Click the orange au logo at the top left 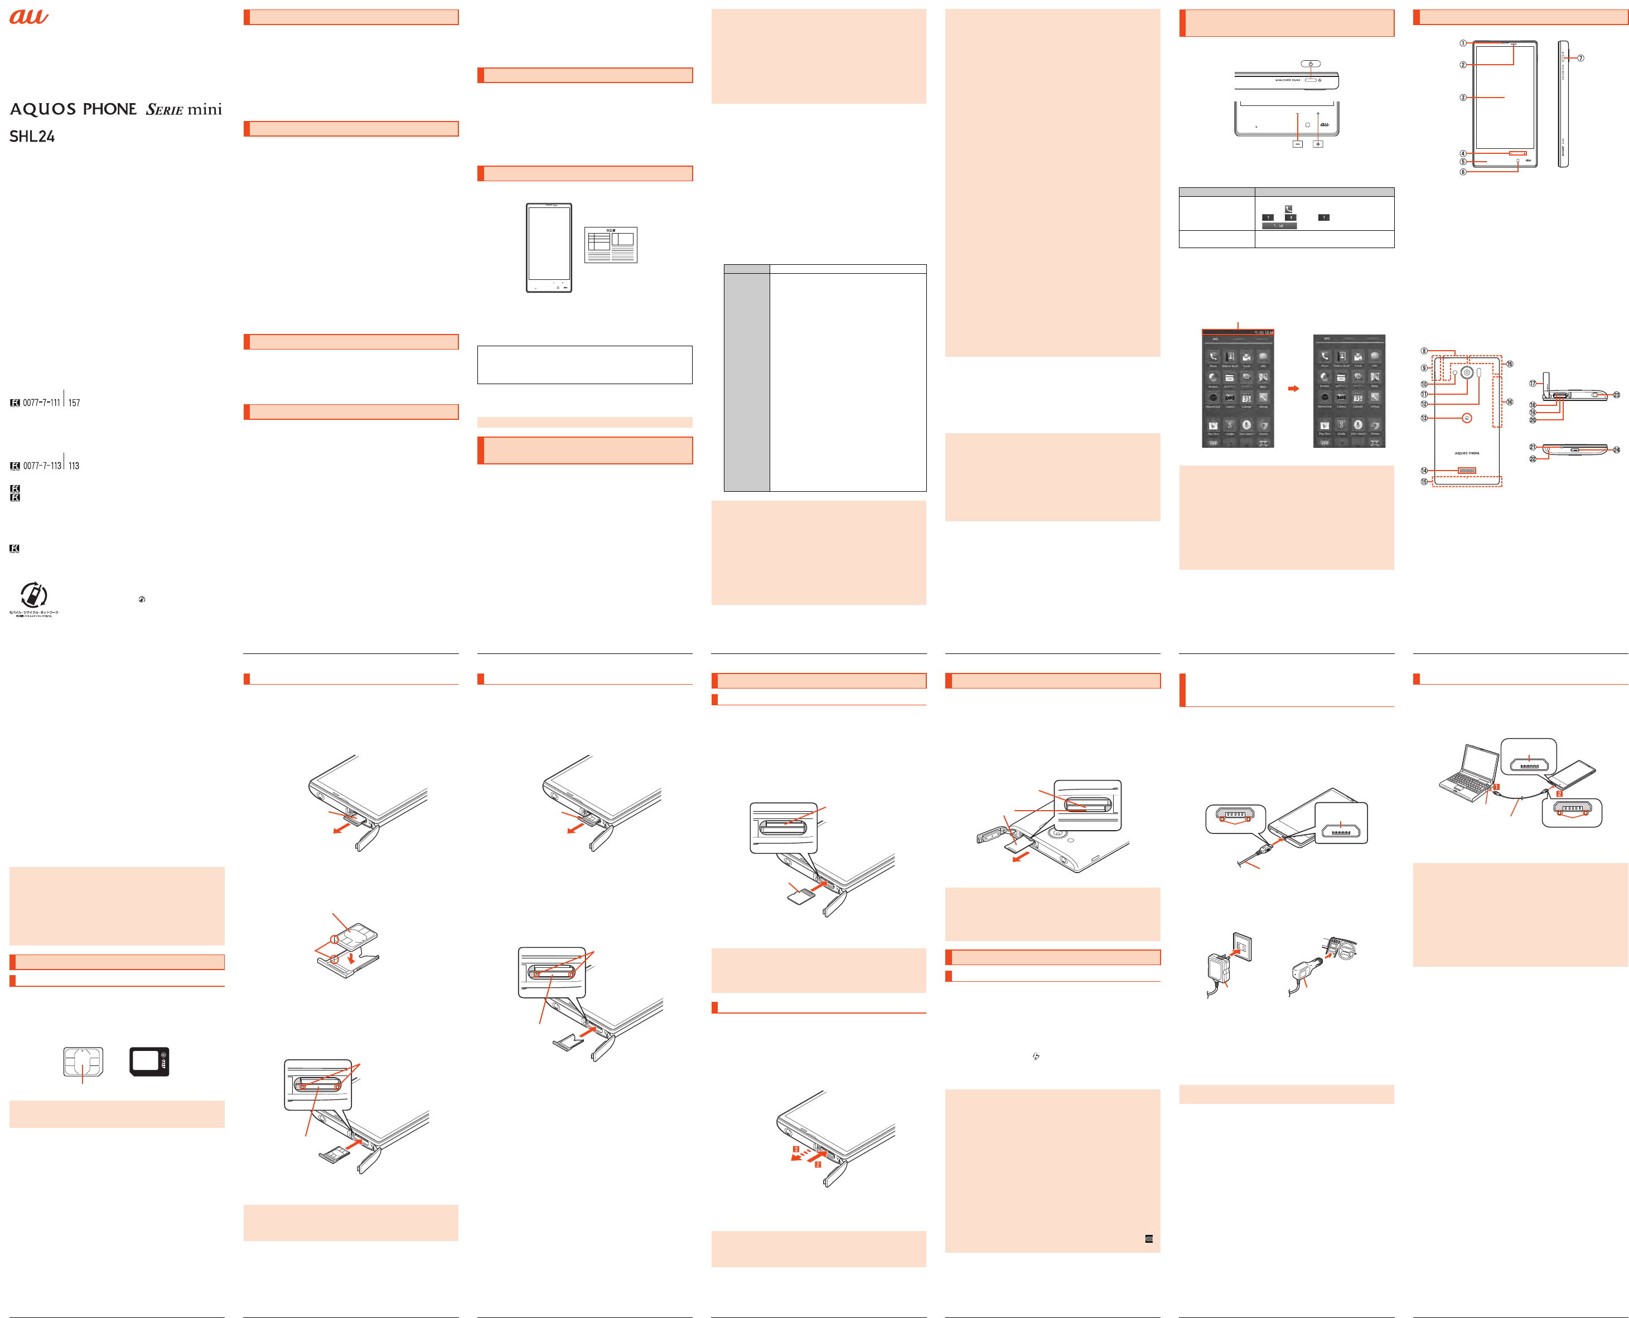click(29, 16)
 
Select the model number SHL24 click(32, 137)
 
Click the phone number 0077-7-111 click(41, 403)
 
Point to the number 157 click(74, 403)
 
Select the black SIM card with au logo click(149, 1062)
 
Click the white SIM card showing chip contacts click(83, 1062)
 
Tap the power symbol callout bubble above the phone click(1310, 64)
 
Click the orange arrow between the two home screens click(1293, 389)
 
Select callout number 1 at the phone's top click(1463, 43)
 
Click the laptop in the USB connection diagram click(1465, 774)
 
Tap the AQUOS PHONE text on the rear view click(1467, 453)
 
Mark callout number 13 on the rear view click(1424, 418)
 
